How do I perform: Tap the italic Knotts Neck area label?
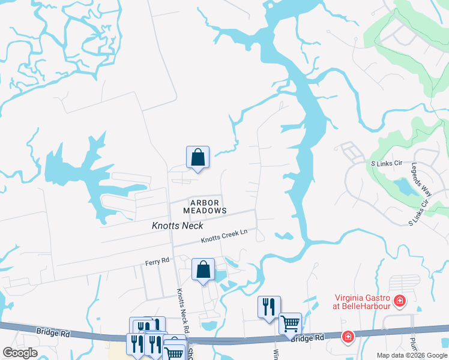coord(178,226)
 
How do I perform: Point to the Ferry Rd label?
coord(157,262)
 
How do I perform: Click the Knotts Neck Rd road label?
coord(182,310)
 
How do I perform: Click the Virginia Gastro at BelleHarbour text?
coord(363,301)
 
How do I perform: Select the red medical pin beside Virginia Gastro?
coord(399,300)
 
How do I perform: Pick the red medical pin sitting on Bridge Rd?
coord(347,337)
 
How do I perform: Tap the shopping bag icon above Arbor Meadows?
coord(197,158)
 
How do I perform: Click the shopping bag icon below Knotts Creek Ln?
coord(203,270)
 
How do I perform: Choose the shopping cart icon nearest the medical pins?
coord(290,324)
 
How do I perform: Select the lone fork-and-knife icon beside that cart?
coord(269,307)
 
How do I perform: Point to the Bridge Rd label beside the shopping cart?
coord(307,338)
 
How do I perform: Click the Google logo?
coord(20,353)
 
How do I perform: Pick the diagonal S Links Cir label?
coord(418,211)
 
